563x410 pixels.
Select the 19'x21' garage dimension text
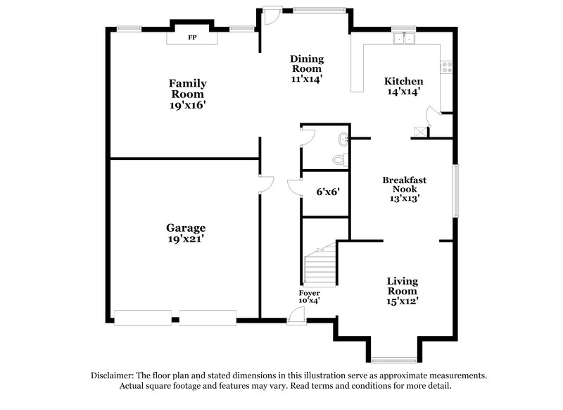click(186, 239)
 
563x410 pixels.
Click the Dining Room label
click(306, 63)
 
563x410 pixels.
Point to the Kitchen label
click(404, 81)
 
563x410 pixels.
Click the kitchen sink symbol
click(404, 39)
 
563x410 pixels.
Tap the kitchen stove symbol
click(445, 68)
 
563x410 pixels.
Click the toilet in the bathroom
click(341, 160)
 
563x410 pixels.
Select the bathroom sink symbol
click(343, 138)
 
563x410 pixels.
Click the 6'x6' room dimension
click(328, 191)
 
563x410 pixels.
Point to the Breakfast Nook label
click(404, 185)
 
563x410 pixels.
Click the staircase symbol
click(320, 267)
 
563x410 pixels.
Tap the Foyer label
click(310, 292)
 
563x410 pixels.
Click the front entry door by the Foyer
click(296, 317)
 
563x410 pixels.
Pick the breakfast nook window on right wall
click(456, 191)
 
